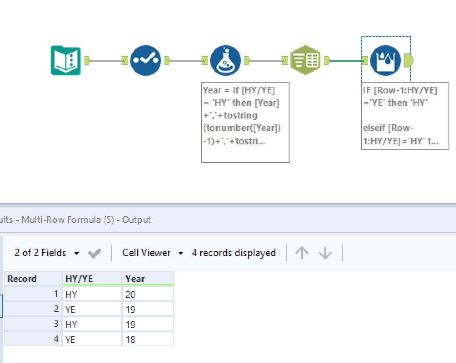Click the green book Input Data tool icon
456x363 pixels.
pyautogui.click(x=66, y=60)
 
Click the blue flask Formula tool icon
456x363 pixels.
pyautogui.click(x=225, y=60)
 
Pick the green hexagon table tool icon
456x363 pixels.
pyautogui.click(x=305, y=60)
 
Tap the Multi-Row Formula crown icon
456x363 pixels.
pyautogui.click(x=385, y=60)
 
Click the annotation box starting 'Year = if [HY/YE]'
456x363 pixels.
pyautogui.click(x=245, y=122)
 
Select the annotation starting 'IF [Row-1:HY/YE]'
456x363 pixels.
pyautogui.click(x=405, y=116)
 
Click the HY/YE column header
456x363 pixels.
pyautogui.click(x=92, y=279)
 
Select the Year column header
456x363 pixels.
pyautogui.click(x=147, y=279)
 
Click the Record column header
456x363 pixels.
pyautogui.click(x=32, y=279)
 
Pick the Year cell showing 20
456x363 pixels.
pyautogui.click(x=147, y=295)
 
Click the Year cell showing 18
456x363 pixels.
pyautogui.click(x=147, y=340)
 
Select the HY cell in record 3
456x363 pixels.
pyautogui.click(x=92, y=325)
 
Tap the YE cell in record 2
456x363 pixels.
pyautogui.click(x=92, y=310)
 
